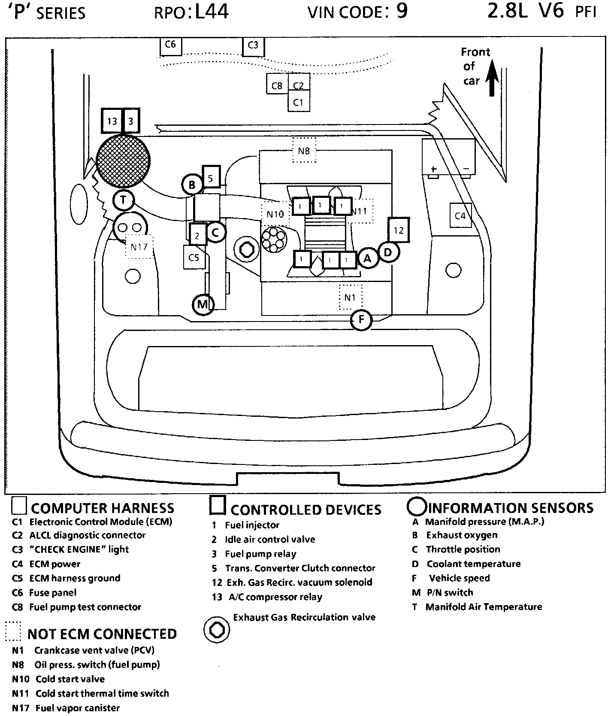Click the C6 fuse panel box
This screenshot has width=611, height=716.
click(170, 46)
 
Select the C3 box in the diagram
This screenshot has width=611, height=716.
click(253, 46)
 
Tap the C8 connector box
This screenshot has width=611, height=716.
click(277, 86)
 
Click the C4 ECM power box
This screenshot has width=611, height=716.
click(460, 215)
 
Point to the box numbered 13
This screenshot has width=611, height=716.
click(112, 121)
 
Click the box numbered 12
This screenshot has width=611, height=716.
click(399, 231)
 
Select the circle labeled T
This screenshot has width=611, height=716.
click(124, 200)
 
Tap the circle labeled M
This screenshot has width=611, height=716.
click(202, 304)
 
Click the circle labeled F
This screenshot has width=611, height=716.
click(361, 319)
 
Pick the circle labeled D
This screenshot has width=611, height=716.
click(388, 252)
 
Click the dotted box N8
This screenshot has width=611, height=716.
click(304, 150)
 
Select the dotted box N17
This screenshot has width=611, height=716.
click(139, 247)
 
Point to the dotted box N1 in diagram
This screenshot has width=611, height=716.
click(350, 297)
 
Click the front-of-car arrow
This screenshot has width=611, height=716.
click(492, 80)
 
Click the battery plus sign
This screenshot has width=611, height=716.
click(433, 169)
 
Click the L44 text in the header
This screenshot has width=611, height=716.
click(211, 12)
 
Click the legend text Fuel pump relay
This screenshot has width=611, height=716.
click(260, 554)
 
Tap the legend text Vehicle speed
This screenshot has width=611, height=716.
click(459, 578)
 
